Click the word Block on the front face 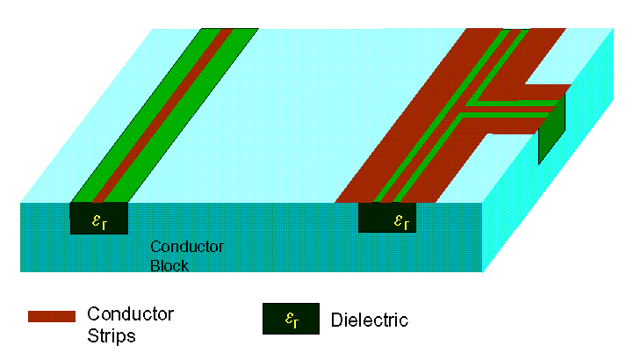(x=169, y=265)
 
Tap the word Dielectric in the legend (x=370, y=320)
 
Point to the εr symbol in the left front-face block (x=99, y=221)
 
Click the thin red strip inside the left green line (x=162, y=115)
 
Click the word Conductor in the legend (x=130, y=314)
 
